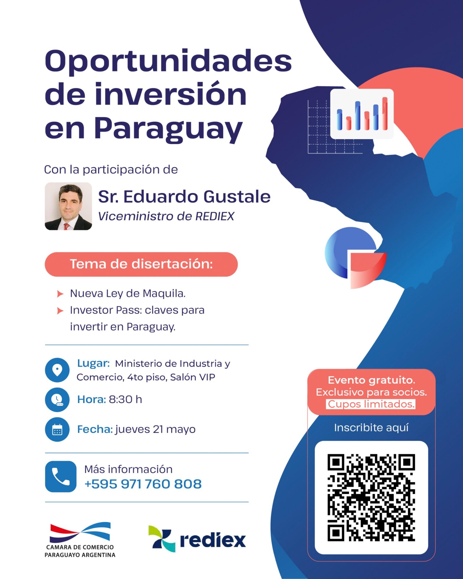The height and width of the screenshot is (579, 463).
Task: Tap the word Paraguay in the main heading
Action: [168, 129]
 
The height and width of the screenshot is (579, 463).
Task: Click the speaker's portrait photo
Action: [68, 206]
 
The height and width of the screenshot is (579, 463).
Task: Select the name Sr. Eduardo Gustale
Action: [184, 197]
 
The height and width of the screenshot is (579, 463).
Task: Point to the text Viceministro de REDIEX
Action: [166, 216]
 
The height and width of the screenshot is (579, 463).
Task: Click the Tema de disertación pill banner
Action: [141, 264]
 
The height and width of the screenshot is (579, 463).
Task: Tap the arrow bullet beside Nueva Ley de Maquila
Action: [60, 294]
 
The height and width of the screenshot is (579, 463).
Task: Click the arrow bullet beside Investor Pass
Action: [60, 311]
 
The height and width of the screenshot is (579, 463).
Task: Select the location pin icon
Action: [57, 370]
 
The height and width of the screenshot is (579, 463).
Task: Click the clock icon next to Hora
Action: [57, 400]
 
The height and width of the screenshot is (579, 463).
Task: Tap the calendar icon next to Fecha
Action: [57, 430]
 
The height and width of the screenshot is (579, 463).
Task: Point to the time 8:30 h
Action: [125, 399]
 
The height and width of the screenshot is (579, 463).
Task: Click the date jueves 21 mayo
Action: [156, 429]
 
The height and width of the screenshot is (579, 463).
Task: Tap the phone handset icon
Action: [61, 477]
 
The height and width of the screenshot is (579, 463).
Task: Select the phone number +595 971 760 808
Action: [143, 484]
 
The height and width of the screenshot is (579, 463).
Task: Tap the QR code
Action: [371, 498]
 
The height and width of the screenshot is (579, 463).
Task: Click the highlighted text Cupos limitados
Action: [371, 404]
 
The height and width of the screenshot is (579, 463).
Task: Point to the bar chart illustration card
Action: [362, 114]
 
